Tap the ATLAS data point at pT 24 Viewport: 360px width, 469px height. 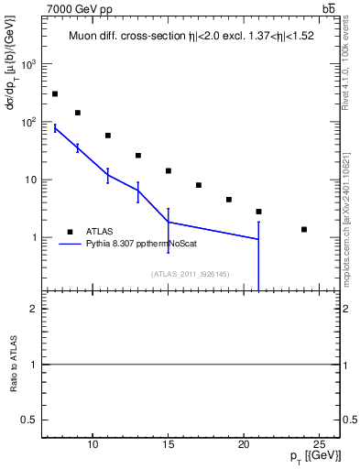tap(304, 229)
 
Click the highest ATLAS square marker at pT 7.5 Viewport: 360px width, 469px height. tap(55, 93)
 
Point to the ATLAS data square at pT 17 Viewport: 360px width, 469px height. tap(199, 185)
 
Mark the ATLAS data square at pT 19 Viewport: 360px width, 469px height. tap(229, 199)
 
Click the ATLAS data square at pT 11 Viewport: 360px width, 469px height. tap(108, 136)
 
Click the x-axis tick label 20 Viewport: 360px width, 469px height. tap(244, 444)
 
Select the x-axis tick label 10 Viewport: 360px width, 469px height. tap(93, 444)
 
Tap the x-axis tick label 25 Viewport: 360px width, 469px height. tap(319, 444)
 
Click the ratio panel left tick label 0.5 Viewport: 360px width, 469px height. tap(29, 420)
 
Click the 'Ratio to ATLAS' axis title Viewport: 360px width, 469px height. tap(14, 365)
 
